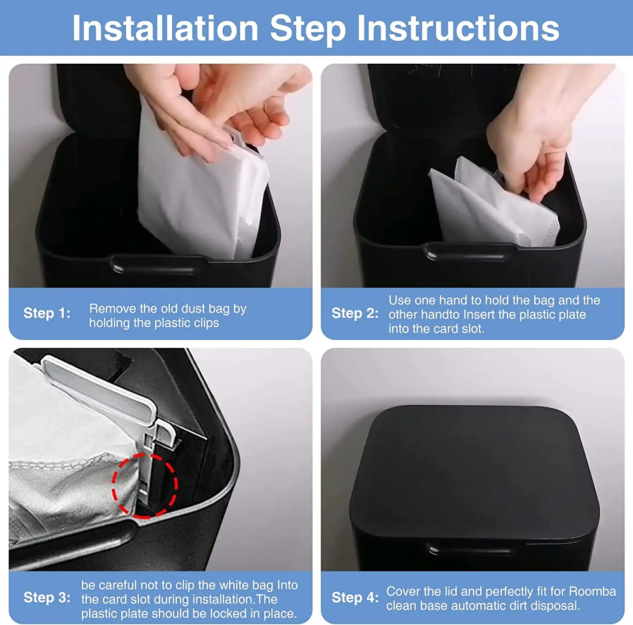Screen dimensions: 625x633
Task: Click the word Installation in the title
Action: pos(165,28)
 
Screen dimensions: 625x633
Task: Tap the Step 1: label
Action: pos(47,313)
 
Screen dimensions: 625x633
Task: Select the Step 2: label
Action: pos(355,313)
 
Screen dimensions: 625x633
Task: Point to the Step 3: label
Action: pos(47,598)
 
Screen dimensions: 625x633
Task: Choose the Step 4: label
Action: pos(355,598)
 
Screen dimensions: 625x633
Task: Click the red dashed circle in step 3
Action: pos(144,485)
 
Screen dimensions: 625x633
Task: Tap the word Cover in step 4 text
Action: pos(403,591)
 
